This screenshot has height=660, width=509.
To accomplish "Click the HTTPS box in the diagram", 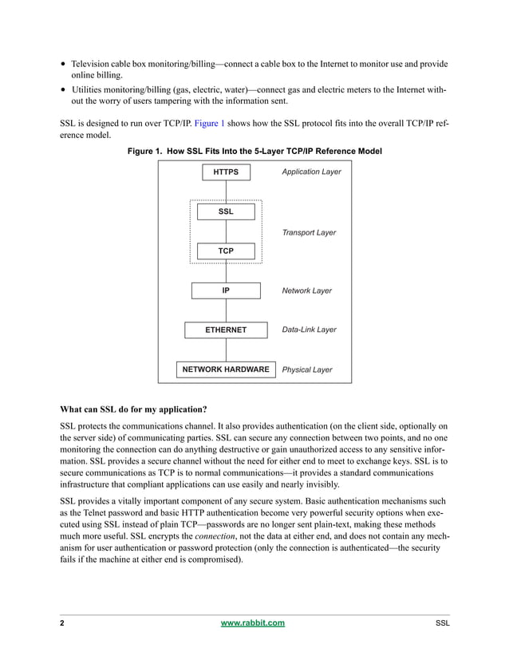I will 226,172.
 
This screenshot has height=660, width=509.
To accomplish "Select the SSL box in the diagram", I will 226,211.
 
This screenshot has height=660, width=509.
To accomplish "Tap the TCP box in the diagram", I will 226,251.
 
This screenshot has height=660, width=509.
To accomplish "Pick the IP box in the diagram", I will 226,290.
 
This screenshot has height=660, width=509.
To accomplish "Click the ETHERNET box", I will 226,330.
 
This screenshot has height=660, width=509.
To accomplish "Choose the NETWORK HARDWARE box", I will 226,370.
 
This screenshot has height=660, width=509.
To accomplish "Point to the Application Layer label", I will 311,172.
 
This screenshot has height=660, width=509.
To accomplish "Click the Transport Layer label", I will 309,233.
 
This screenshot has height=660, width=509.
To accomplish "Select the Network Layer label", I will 306,291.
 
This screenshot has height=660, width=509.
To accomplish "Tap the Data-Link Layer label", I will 309,330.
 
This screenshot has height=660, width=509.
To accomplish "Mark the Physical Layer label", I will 307,370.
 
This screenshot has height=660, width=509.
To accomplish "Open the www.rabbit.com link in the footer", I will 252,623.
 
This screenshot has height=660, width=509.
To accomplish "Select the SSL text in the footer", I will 442,623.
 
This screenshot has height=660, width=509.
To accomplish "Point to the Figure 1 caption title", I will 254,152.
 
